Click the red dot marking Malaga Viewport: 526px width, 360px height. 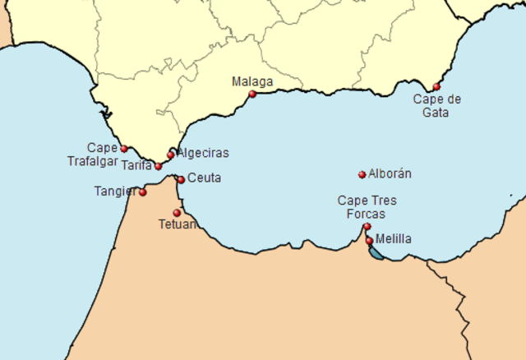(x=252, y=94)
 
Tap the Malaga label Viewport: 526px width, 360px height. (x=252, y=81)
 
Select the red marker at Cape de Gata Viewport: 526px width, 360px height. (x=436, y=86)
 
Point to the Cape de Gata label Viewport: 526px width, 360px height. (x=436, y=106)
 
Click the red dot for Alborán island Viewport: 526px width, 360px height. (x=362, y=174)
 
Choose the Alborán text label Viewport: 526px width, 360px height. (x=390, y=174)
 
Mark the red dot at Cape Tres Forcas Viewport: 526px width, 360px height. (x=367, y=226)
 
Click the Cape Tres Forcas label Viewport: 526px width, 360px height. (x=367, y=207)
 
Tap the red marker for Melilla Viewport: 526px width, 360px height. (x=370, y=241)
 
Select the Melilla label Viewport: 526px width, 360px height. (x=394, y=239)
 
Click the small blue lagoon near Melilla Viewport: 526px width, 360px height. (x=376, y=254)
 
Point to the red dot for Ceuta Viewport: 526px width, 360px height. (x=181, y=180)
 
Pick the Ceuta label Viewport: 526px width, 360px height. (x=204, y=178)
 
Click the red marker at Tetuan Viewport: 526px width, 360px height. (x=177, y=213)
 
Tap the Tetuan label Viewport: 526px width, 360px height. (x=178, y=224)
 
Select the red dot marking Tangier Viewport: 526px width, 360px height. (x=143, y=193)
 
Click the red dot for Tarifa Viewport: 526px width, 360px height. (x=159, y=167)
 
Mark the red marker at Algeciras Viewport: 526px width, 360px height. (x=171, y=155)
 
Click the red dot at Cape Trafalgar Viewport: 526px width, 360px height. (x=124, y=149)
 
